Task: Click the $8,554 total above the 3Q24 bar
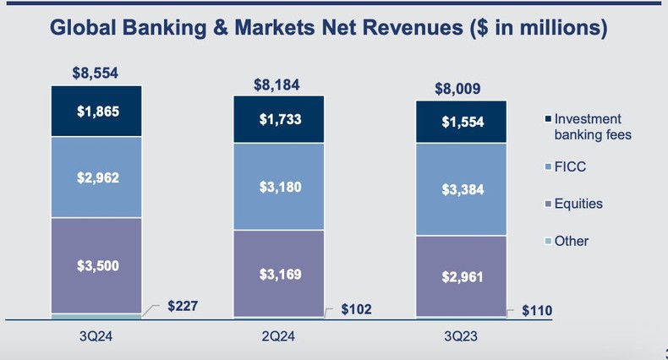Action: point(96,73)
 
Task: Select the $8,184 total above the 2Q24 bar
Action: point(277,85)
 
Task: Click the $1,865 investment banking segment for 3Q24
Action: point(96,112)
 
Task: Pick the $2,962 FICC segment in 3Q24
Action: point(96,177)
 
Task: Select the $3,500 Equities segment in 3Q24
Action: point(96,265)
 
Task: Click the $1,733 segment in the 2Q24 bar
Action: point(278,120)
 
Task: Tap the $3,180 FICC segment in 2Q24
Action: point(278,186)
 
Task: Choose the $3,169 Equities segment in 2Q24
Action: point(278,273)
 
